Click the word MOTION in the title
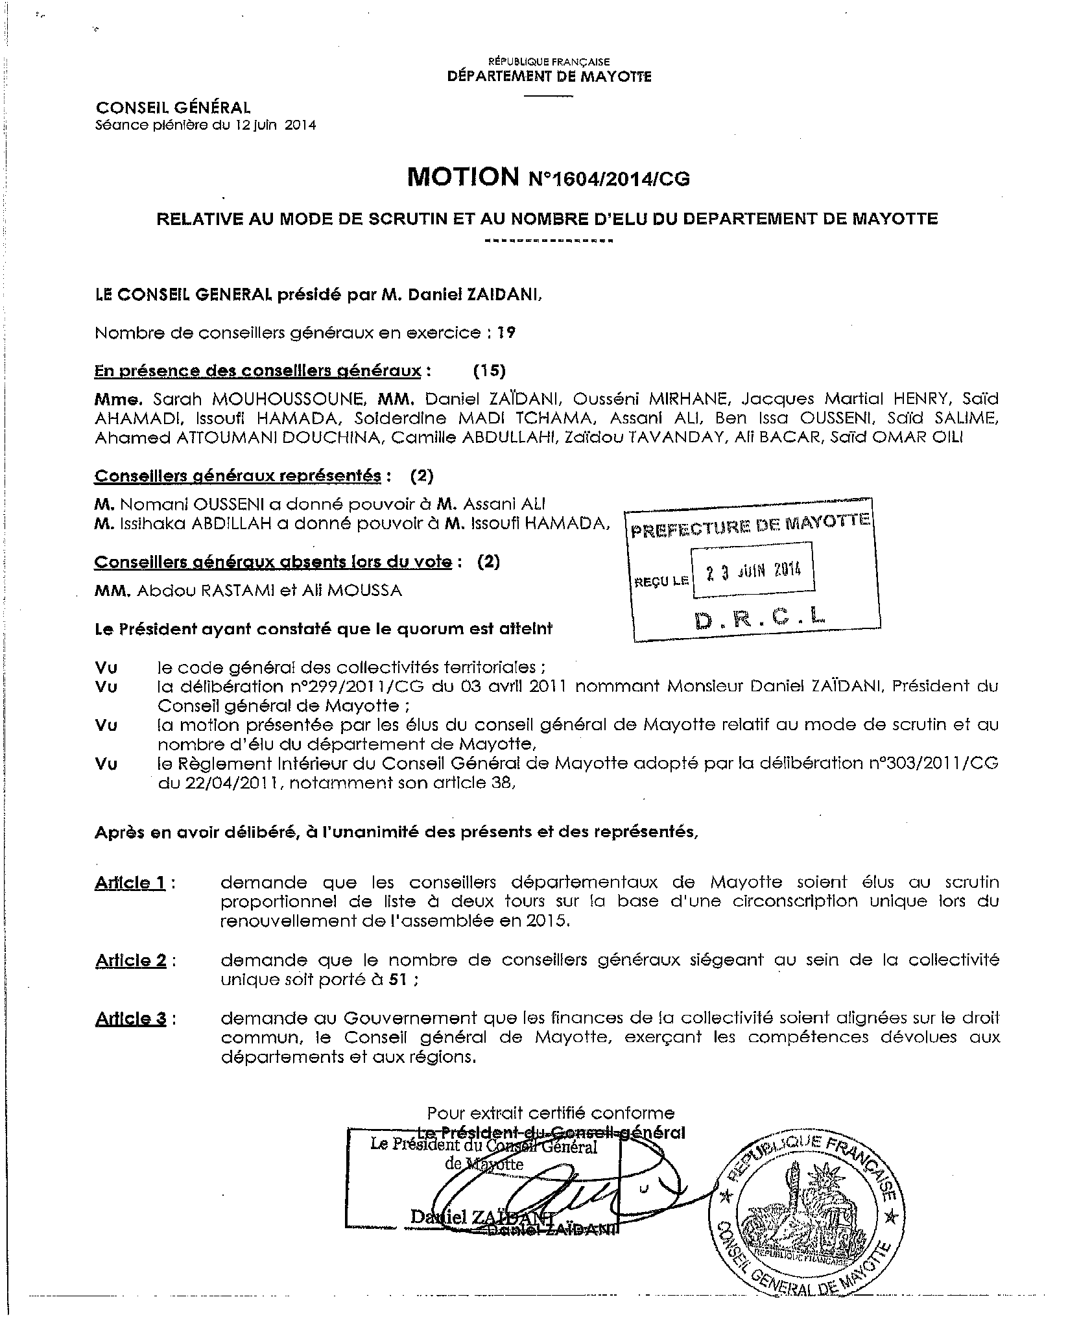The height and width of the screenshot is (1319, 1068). click(x=462, y=176)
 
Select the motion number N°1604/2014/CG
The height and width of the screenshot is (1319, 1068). click(x=610, y=179)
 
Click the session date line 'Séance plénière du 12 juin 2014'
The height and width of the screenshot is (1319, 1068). click(x=206, y=125)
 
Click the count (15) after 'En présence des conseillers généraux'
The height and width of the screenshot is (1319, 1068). click(x=489, y=370)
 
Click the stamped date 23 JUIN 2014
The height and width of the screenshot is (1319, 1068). click(x=753, y=570)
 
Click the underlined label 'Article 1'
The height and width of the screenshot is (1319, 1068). click(x=130, y=883)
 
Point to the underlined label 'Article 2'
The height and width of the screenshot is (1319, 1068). click(x=130, y=960)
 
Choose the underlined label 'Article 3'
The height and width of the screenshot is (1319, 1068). click(x=130, y=1019)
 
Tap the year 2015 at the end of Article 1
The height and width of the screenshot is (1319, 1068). click(x=552, y=921)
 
